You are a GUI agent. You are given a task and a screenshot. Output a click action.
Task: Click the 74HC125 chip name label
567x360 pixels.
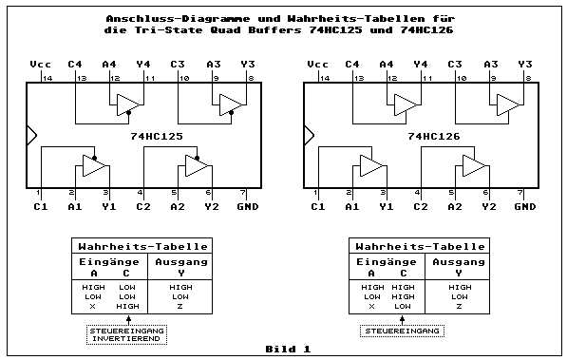tap(157, 137)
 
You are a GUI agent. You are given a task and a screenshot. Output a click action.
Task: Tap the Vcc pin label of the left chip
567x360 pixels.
tap(40, 64)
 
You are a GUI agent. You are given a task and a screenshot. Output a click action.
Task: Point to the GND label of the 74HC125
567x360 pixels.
tap(246, 205)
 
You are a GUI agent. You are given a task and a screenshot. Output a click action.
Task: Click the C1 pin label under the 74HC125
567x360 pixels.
tap(40, 205)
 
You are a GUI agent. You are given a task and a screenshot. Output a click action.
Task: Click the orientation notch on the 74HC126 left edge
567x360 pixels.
tap(309, 135)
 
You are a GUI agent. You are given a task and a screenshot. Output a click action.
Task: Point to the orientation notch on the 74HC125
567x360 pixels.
tap(31, 135)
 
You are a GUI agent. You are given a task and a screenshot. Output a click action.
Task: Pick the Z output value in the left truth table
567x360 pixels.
tap(180, 307)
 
